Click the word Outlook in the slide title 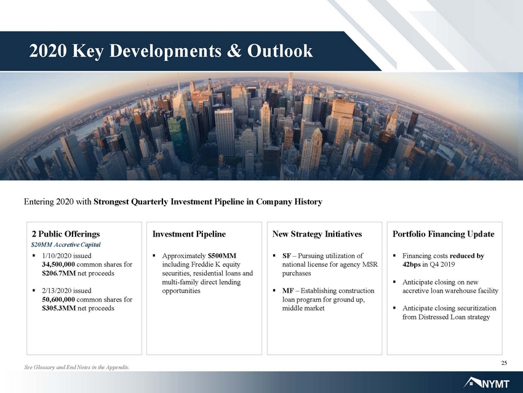coord(280,51)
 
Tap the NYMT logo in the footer coord(487,383)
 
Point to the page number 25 coord(504,363)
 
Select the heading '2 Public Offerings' coord(66,234)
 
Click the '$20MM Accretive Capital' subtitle coord(66,245)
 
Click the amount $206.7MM coord(58,273)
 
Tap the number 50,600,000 coord(58,299)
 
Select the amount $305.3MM coord(58,308)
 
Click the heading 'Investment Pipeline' coord(189,234)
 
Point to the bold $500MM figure coord(222,256)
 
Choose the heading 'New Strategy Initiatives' coord(317,234)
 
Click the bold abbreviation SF coord(286,256)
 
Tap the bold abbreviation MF coord(287,291)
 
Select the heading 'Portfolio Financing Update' coord(443,234)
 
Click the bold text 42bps coord(411,265)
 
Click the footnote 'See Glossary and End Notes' coord(77,367)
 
